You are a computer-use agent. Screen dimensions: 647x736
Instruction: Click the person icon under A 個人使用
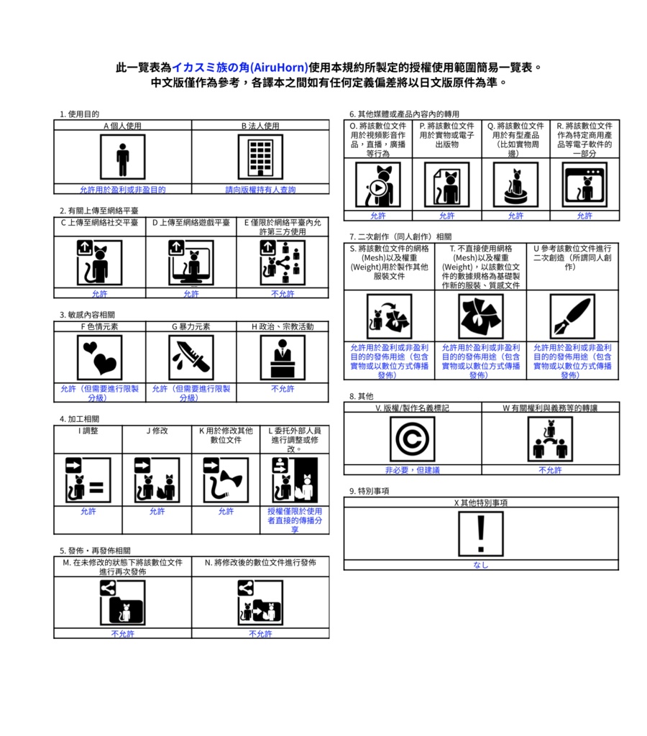point(122,157)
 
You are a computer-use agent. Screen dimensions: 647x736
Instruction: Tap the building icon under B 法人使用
point(260,157)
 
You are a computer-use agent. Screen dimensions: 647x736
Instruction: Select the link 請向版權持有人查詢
point(260,190)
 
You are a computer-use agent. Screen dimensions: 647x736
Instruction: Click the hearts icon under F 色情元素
point(99,357)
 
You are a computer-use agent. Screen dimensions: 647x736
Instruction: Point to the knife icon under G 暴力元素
point(191,357)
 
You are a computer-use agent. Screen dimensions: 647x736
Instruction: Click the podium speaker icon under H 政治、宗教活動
point(283,357)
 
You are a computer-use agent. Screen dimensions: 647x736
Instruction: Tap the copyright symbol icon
point(412,439)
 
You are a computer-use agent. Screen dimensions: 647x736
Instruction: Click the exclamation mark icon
point(481,534)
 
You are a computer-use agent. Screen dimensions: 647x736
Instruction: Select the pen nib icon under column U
point(572,316)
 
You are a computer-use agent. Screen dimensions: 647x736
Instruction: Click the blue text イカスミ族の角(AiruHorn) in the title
point(239,68)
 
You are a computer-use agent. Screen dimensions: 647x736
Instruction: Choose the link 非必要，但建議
point(412,470)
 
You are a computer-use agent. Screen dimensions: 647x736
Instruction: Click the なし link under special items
point(481,565)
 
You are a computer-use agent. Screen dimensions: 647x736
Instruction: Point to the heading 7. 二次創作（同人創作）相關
point(400,236)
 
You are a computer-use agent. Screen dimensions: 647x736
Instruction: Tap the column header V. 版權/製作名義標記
point(412,408)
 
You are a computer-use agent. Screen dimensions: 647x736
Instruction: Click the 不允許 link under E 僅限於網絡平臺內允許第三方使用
point(283,294)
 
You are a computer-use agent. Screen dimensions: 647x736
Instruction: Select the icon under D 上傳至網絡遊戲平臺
point(191,262)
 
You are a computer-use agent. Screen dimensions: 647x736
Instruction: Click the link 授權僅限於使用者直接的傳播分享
point(295,520)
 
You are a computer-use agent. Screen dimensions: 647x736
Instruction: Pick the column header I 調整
point(88,431)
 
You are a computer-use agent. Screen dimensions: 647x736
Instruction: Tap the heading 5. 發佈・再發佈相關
point(95,550)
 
